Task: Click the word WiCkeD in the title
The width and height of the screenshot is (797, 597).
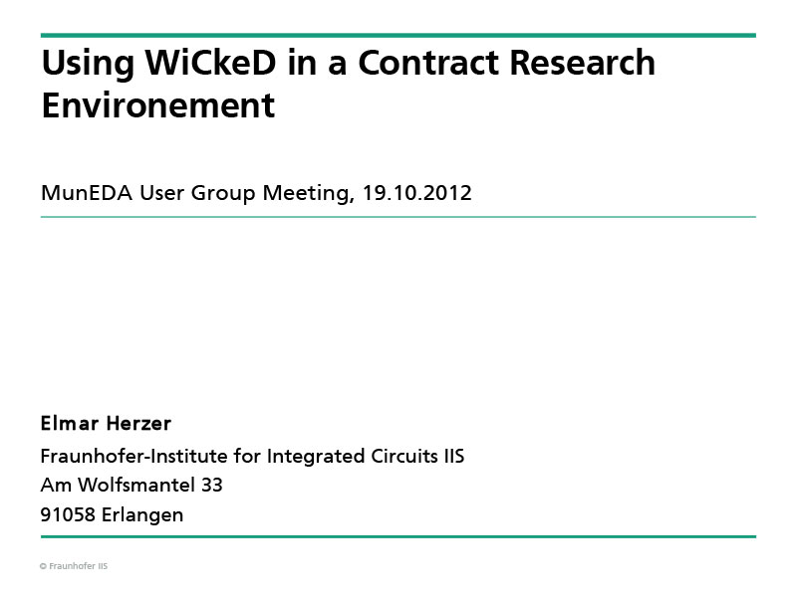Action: pyautogui.click(x=210, y=63)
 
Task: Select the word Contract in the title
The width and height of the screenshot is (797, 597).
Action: pyautogui.click(x=428, y=63)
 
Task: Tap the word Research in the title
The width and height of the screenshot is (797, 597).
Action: pyautogui.click(x=582, y=63)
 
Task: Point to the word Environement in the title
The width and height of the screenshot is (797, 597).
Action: pyautogui.click(x=158, y=105)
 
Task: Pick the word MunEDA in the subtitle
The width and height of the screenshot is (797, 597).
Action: pyautogui.click(x=87, y=193)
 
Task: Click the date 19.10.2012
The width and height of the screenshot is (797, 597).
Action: pyautogui.click(x=416, y=193)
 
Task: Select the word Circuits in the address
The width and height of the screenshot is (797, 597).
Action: pyautogui.click(x=404, y=456)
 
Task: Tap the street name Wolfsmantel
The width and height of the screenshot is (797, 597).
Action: pyautogui.click(x=136, y=485)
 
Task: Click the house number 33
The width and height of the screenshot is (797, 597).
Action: pyautogui.click(x=212, y=486)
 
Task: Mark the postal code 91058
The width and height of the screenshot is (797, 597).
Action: pyautogui.click(x=68, y=514)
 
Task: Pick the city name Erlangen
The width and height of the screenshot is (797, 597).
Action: pyautogui.click(x=142, y=515)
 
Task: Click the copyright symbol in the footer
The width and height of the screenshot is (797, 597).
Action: pyautogui.click(x=43, y=566)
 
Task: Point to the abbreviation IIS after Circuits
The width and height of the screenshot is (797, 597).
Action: pyautogui.click(x=454, y=456)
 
